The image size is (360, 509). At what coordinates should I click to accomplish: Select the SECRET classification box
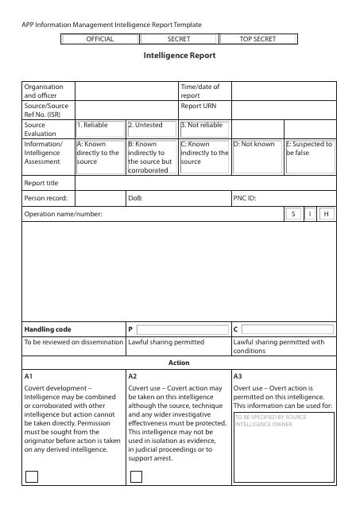tap(179, 38)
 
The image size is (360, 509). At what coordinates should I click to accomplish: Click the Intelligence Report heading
tap(179, 56)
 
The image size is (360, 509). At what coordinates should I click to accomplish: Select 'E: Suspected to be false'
tap(309, 148)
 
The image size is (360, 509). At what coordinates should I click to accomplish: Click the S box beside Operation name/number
tap(292, 215)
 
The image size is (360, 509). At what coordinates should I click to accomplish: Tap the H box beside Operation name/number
tap(326, 215)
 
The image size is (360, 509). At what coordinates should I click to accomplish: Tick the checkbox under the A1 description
tap(31, 476)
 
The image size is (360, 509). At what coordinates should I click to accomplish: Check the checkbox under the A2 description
tap(136, 476)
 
